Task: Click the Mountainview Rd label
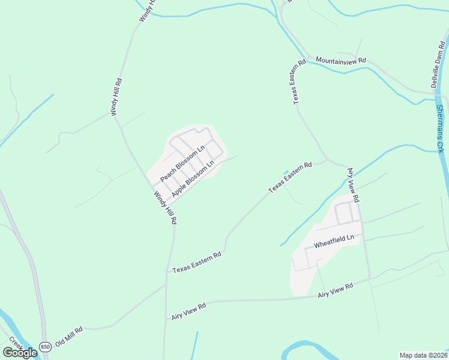(x=340, y=61)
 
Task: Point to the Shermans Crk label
(x=441, y=130)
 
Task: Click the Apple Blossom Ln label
(x=193, y=179)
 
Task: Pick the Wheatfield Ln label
(x=334, y=241)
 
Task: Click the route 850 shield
(x=45, y=347)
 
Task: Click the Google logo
(x=20, y=353)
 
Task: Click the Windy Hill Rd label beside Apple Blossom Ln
(x=164, y=208)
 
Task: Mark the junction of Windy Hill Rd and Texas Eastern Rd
(x=167, y=271)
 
